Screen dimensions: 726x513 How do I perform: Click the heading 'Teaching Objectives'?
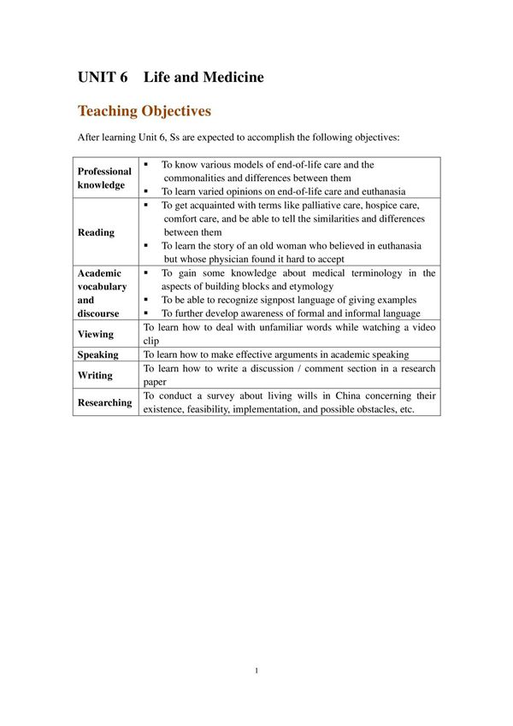[x=144, y=111]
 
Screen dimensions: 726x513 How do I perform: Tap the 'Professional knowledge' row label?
[x=104, y=178]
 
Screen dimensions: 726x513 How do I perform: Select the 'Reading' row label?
[x=95, y=232]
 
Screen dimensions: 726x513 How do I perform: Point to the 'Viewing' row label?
[x=95, y=334]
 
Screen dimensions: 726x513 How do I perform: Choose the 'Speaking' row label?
[x=97, y=354]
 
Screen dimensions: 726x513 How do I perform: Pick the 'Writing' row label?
[x=94, y=375]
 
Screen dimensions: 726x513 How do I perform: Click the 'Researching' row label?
[x=104, y=402]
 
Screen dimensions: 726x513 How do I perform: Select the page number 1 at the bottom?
[x=256, y=670]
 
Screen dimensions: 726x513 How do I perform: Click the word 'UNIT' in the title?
[x=96, y=78]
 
